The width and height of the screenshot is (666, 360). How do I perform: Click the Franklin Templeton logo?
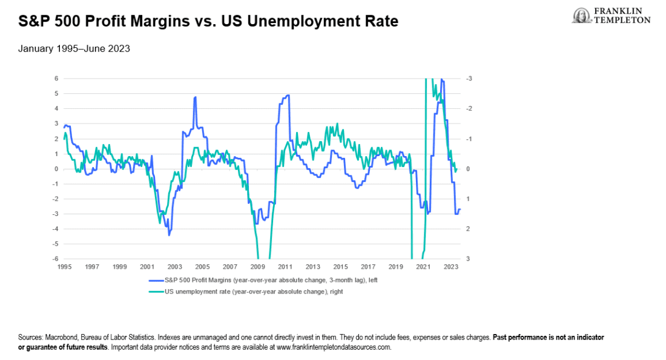pyautogui.click(x=612, y=15)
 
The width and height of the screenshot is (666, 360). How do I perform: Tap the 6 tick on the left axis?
pyautogui.click(x=56, y=79)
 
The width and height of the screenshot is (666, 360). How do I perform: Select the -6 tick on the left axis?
pyautogui.click(x=54, y=259)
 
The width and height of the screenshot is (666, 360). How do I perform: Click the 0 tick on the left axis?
pyautogui.click(x=56, y=169)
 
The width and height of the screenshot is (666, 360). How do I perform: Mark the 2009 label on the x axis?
pyautogui.click(x=258, y=267)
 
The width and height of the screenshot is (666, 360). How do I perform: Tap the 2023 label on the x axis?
pyautogui.click(x=450, y=267)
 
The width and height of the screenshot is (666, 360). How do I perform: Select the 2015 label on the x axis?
pyautogui.click(x=340, y=267)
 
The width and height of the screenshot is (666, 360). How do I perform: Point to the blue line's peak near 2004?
pyautogui.click(x=195, y=97)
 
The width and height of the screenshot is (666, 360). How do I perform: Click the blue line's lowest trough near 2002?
pyautogui.click(x=169, y=234)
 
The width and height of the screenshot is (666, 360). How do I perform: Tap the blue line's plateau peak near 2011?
pyautogui.click(x=287, y=96)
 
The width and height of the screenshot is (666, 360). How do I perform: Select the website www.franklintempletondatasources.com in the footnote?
pyautogui.click(x=334, y=347)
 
